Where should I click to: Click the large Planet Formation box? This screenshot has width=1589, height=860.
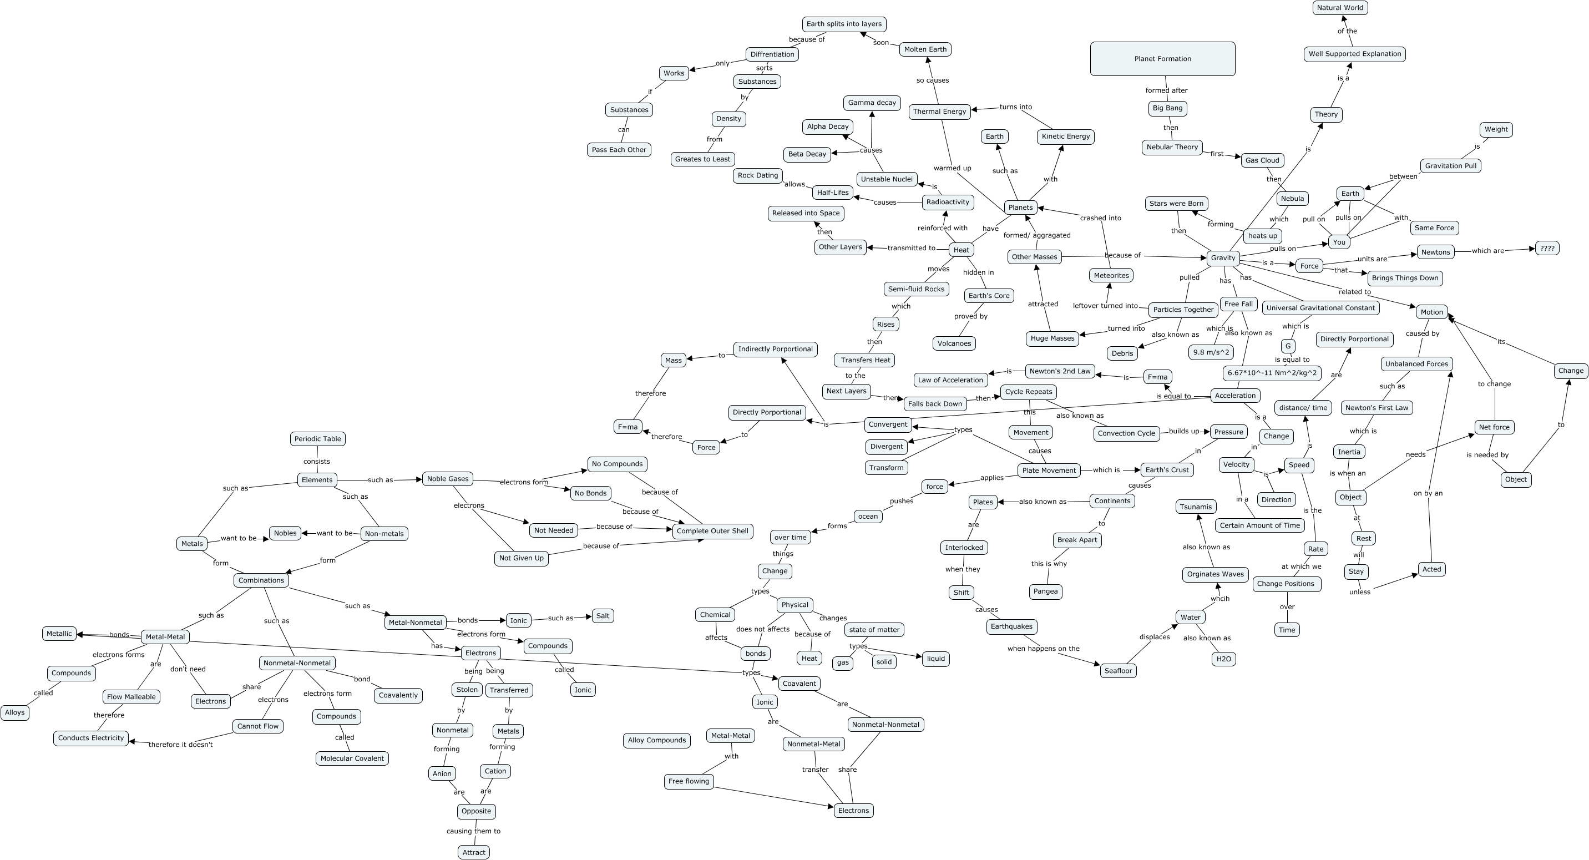[1162, 59]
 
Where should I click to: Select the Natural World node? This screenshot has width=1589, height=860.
[1339, 8]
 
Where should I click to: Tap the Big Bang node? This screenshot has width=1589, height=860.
[1167, 108]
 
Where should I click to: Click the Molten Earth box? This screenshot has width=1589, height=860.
[925, 49]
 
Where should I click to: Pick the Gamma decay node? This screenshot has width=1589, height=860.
[872, 103]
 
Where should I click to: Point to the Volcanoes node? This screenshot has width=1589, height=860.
[954, 343]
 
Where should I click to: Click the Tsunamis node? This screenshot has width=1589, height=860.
[1196, 507]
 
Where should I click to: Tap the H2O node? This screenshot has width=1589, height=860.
[1223, 659]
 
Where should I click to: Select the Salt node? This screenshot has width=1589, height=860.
[603, 616]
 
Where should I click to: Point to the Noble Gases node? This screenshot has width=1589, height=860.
[448, 479]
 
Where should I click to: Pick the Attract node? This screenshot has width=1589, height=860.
[474, 852]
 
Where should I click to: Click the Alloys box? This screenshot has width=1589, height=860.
[15, 712]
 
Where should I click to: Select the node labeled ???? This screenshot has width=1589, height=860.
[1546, 248]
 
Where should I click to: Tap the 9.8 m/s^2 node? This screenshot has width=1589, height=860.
[1211, 352]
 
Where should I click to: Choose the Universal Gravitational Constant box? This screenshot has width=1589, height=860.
[1320, 308]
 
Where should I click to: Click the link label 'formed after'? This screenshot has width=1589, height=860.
[1166, 90]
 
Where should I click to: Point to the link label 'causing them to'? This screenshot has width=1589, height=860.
[473, 831]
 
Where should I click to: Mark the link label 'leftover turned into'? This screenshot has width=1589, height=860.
[1105, 305]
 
